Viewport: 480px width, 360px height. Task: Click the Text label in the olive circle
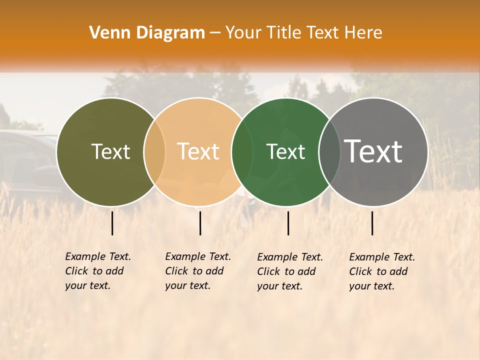coord(110,151)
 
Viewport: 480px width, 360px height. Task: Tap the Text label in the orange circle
coord(198,151)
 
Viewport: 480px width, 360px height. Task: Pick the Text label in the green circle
coord(286,151)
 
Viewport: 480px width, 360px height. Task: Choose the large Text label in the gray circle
coord(373,151)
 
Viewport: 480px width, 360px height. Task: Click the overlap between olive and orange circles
coord(154,152)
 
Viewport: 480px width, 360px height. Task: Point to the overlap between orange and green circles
coord(242,152)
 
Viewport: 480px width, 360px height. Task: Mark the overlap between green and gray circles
coord(329,152)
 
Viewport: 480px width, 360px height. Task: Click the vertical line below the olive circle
coord(112,223)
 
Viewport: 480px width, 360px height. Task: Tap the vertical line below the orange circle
coord(200,223)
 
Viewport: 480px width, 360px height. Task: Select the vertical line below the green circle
coord(288,223)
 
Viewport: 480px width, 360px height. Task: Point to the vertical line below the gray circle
coord(372,223)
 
